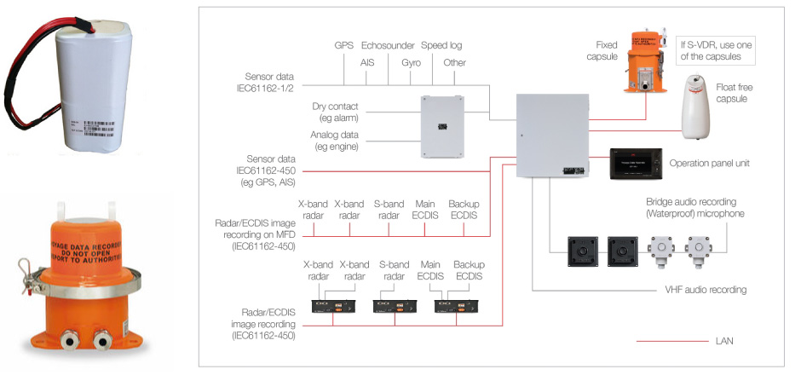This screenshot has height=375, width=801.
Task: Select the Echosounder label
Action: point(388,45)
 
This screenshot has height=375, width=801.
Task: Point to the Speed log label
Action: point(443,45)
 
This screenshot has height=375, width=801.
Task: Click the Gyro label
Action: point(411,63)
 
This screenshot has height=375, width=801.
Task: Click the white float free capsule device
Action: point(702,106)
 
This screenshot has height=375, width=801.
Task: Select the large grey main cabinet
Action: point(552,137)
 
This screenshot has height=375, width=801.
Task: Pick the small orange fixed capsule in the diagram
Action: point(646,63)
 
